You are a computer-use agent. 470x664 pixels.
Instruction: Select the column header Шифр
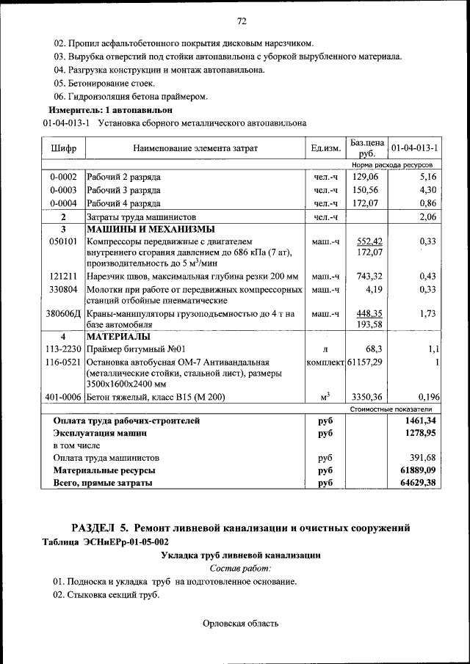pyautogui.click(x=63, y=148)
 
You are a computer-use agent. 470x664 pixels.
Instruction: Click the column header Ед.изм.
pyautogui.click(x=325, y=148)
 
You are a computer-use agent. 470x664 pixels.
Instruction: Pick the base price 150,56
pyautogui.click(x=365, y=190)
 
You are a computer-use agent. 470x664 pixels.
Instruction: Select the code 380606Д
pyautogui.click(x=63, y=313)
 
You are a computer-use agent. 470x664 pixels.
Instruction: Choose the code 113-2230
pyautogui.click(x=63, y=349)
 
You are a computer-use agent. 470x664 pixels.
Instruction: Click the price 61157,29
pyautogui.click(x=365, y=362)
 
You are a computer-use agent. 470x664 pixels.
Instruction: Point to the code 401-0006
pyautogui.click(x=63, y=397)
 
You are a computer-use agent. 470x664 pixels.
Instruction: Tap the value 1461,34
pyautogui.click(x=415, y=420)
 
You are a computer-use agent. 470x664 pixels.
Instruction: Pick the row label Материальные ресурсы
pyautogui.click(x=103, y=470)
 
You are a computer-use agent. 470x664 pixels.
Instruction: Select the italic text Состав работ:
pyautogui.click(x=240, y=568)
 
